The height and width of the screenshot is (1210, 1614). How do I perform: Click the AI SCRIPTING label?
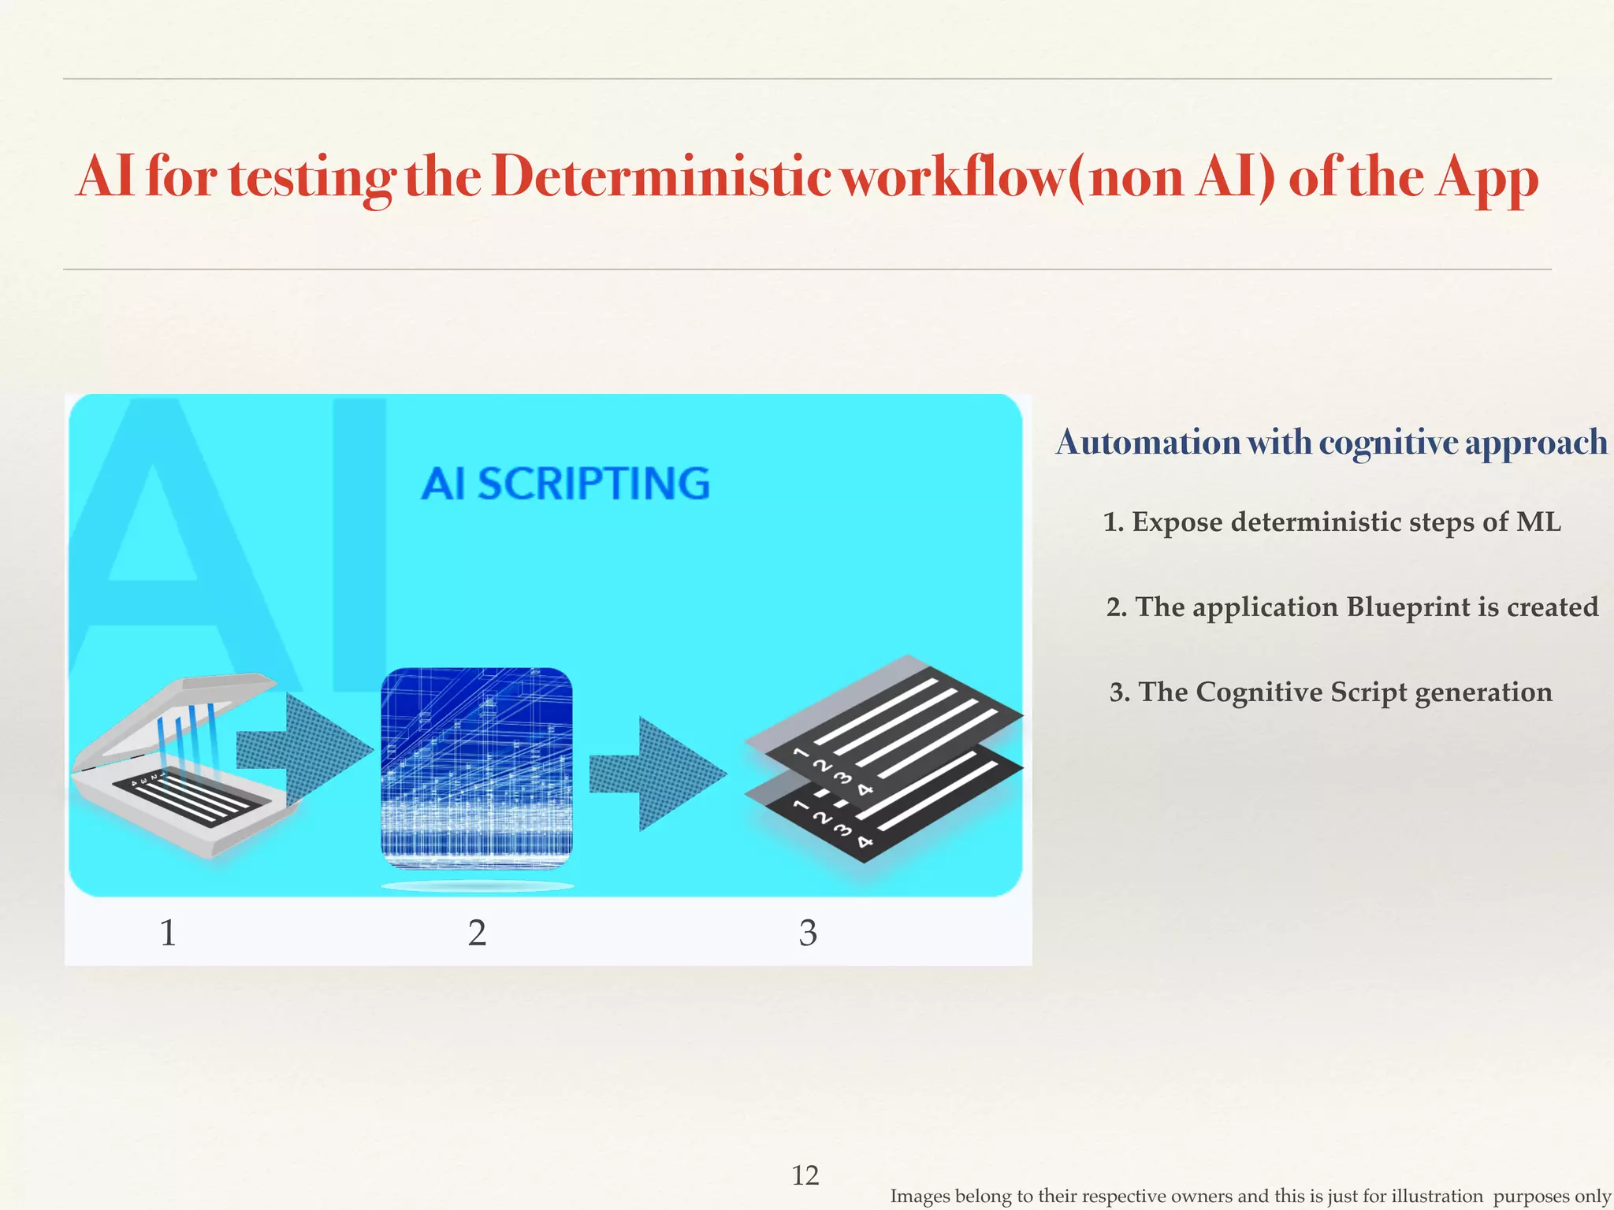tap(565, 484)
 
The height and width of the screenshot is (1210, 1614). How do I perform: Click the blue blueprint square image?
tap(477, 768)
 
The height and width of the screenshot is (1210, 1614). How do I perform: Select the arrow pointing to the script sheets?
tap(658, 774)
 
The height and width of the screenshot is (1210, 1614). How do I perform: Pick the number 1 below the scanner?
tap(168, 933)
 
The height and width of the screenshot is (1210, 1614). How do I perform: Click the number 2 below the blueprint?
tap(477, 933)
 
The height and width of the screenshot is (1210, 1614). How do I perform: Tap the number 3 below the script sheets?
tap(808, 933)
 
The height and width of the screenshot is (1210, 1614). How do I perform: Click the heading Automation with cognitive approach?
tap(1331, 443)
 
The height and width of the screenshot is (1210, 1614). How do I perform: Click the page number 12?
tap(805, 1175)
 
